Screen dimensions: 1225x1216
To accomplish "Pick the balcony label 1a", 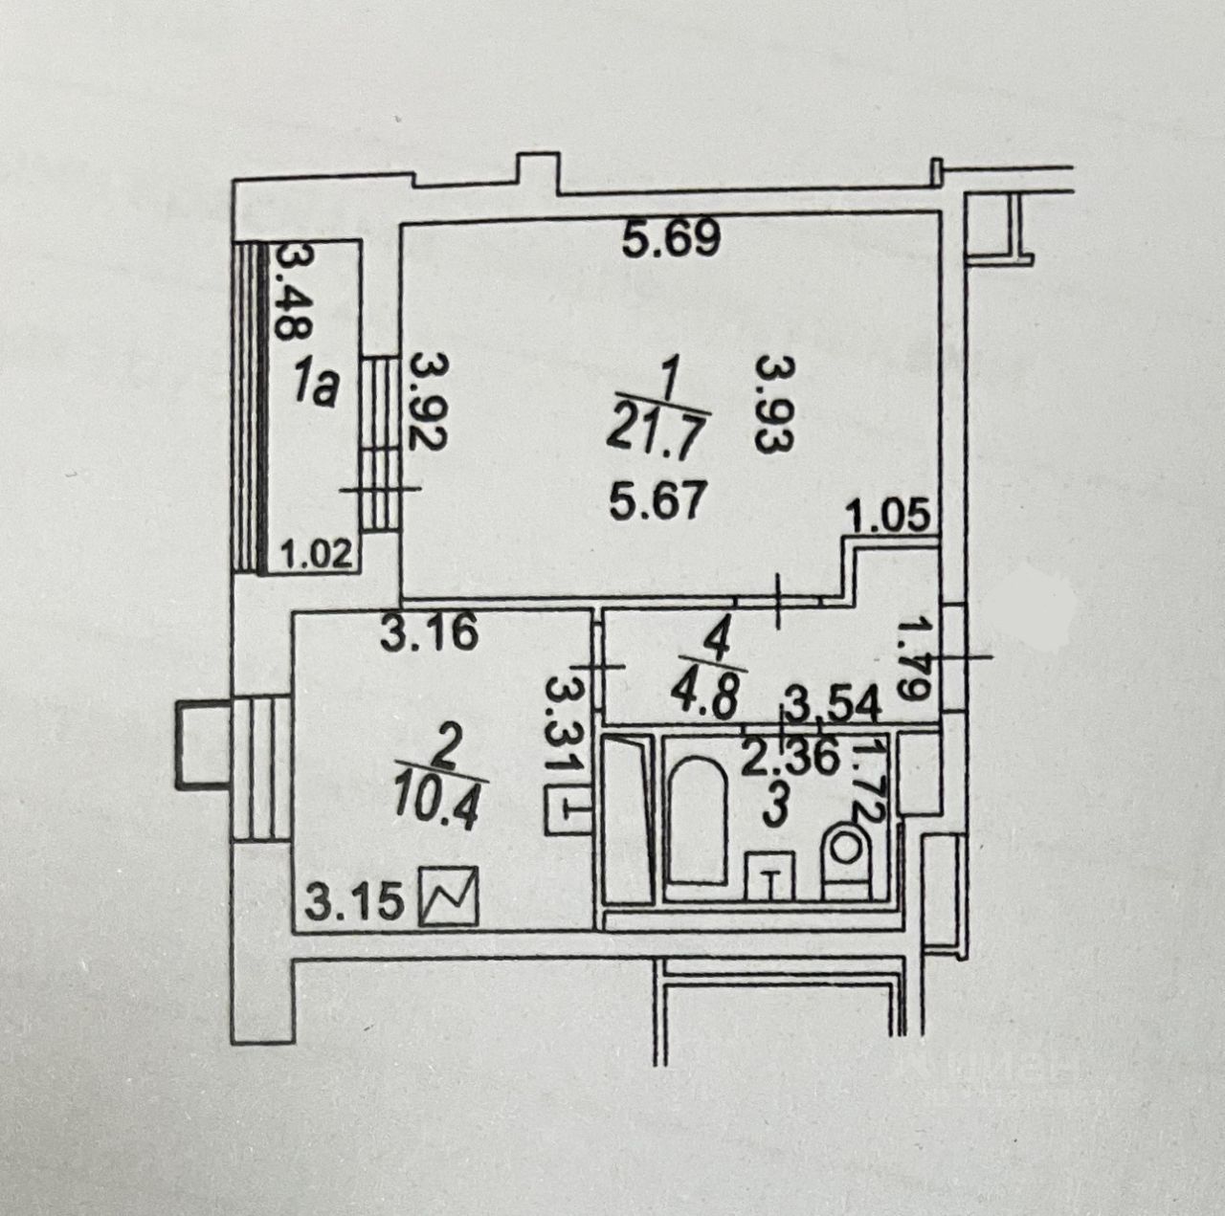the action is click(x=315, y=388).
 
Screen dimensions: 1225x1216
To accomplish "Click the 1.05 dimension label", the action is click(x=890, y=518).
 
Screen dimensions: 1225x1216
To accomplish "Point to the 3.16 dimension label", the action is click(x=428, y=634).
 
